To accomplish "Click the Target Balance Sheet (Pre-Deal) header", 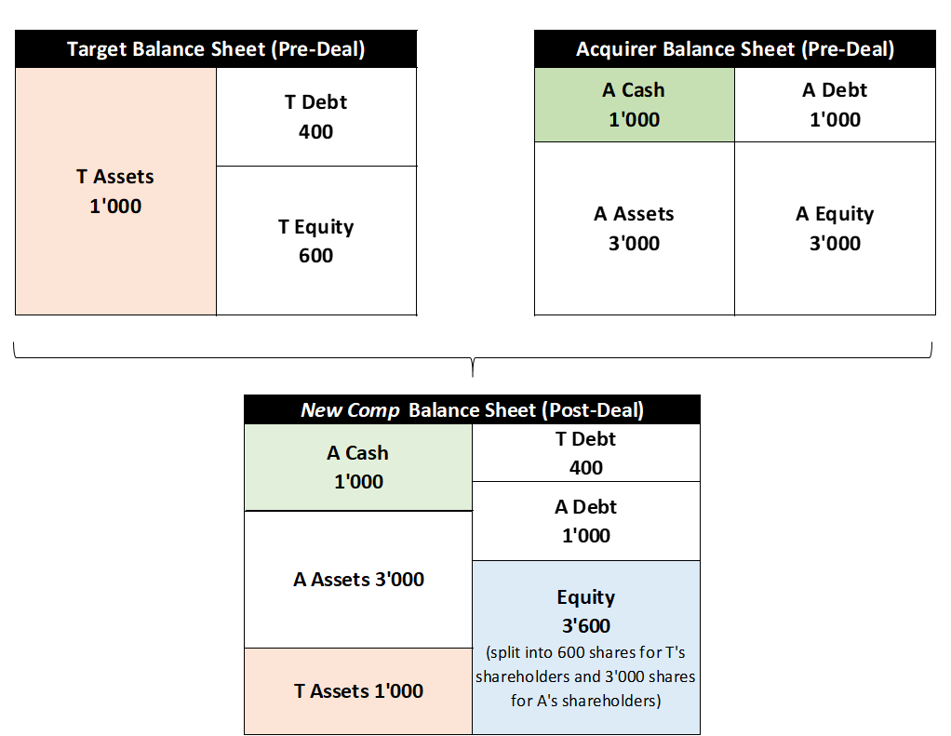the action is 216,48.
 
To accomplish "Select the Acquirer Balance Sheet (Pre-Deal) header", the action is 734,48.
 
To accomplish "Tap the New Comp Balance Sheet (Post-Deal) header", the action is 472,409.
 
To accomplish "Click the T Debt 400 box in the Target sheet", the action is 316,116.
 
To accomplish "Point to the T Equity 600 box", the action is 316,241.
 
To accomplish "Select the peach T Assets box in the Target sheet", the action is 115,191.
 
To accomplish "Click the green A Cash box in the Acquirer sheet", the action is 635,104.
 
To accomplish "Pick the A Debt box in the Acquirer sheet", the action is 836,104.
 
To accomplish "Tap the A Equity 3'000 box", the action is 836,229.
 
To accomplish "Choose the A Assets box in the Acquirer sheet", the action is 635,229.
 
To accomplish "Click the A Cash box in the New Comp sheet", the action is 358,467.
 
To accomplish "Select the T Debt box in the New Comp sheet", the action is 586,452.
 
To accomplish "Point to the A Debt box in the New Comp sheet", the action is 586,521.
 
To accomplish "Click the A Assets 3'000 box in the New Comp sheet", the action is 358,580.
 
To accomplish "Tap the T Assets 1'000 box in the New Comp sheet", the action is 358,691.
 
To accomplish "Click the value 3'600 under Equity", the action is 586,625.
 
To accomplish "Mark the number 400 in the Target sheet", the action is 316,131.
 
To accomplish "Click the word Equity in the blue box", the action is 586,597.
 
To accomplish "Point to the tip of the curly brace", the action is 473,377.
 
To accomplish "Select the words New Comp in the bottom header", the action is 351,410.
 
